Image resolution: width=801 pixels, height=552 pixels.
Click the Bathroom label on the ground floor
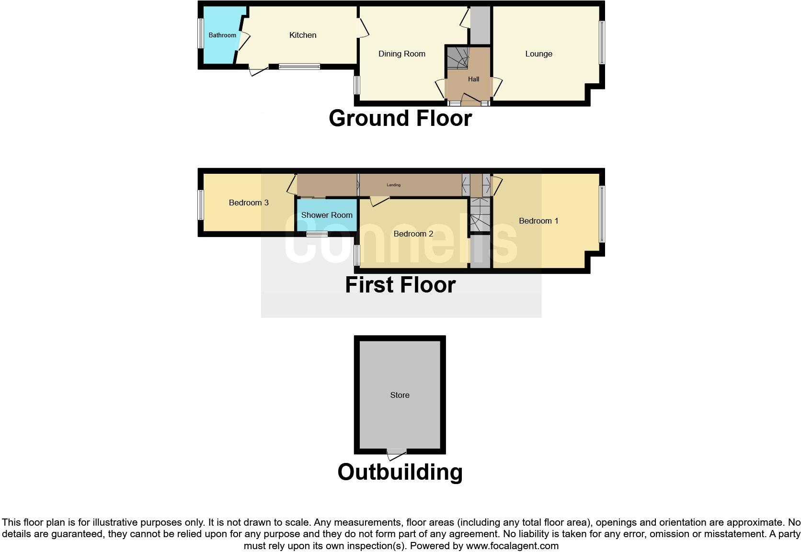(x=222, y=35)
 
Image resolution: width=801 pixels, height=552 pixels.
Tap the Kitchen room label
(x=303, y=35)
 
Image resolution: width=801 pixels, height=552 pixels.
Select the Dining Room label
(x=402, y=54)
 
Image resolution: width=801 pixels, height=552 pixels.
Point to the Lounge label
(x=538, y=54)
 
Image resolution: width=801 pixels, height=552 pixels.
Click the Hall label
(x=473, y=79)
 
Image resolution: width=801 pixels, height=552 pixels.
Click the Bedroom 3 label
(x=249, y=203)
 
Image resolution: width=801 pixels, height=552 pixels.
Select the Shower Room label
(x=327, y=215)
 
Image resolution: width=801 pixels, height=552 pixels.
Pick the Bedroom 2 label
(x=413, y=234)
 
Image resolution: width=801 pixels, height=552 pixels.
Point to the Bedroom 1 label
(x=538, y=221)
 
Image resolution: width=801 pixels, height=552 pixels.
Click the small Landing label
(x=393, y=185)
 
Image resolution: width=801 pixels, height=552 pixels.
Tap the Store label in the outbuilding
(x=400, y=395)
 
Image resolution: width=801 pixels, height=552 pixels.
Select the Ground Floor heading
(x=400, y=118)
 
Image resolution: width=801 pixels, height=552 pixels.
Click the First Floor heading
(x=400, y=285)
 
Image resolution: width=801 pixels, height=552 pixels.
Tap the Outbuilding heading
(x=400, y=472)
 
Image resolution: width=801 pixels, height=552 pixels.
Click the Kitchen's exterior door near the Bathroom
(x=258, y=71)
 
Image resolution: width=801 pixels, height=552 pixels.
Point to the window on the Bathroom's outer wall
(x=201, y=33)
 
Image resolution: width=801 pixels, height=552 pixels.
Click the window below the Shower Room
(x=317, y=234)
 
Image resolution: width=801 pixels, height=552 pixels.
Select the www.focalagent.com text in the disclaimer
(x=512, y=546)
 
